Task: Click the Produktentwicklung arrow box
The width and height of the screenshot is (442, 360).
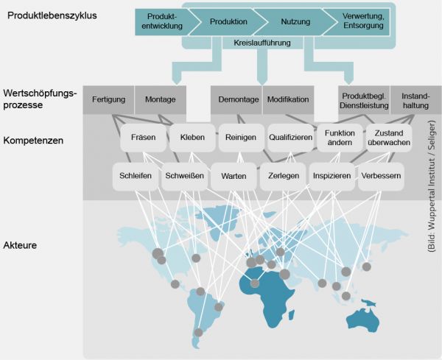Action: tap(161, 21)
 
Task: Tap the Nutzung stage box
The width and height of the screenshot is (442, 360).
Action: tap(290, 21)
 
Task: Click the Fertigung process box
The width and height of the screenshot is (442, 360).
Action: tap(108, 99)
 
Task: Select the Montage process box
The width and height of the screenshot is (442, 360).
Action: tap(160, 99)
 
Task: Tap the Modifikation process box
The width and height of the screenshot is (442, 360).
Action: tap(288, 99)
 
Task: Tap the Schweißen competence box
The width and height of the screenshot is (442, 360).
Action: tap(183, 177)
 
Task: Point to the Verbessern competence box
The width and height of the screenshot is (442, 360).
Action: tap(381, 177)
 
